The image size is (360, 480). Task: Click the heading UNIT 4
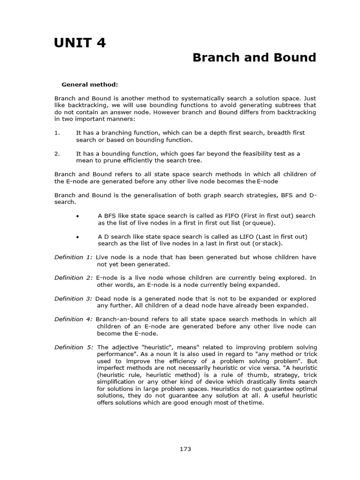80,43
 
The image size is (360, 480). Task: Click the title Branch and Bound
255,58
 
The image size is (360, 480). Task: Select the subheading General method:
90,84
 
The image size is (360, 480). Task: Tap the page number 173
185,449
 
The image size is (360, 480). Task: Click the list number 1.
57,133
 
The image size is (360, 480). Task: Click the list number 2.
57,154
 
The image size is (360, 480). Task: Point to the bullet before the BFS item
77,216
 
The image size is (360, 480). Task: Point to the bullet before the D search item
77,236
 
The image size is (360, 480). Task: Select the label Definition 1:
74,257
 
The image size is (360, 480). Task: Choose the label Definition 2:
74,277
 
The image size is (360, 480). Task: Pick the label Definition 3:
74,298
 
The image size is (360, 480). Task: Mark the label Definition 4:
74,319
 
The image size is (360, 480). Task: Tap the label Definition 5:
74,347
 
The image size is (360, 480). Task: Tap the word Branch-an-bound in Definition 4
120,319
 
